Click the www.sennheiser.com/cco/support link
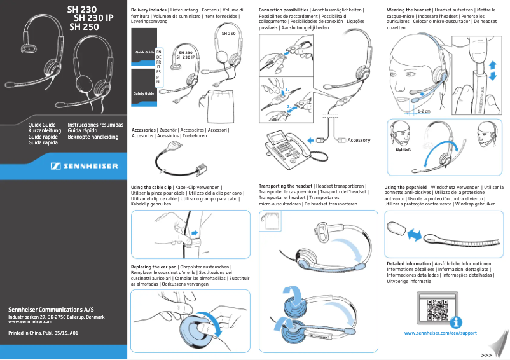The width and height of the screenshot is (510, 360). [x=440, y=333]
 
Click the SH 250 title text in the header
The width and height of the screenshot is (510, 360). [x=83, y=28]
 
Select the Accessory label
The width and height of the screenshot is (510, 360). [x=359, y=140]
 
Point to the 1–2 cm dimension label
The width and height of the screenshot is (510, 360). [x=424, y=111]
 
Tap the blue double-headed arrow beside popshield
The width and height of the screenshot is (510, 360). [x=415, y=236]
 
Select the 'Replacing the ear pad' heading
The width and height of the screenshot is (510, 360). [x=153, y=266]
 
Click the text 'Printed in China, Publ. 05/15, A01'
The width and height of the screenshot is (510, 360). [x=43, y=333]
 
